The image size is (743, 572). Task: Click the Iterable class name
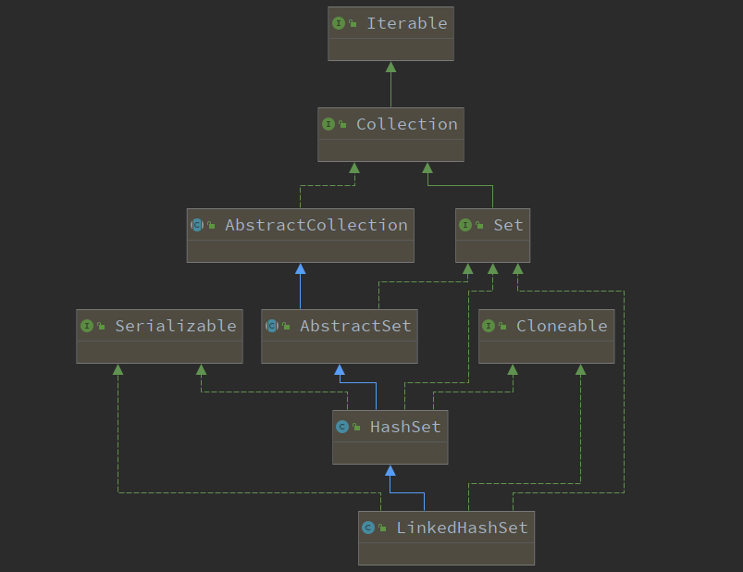pyautogui.click(x=407, y=23)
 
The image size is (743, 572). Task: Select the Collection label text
pyautogui.click(x=407, y=124)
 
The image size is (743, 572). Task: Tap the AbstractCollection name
pyautogui.click(x=316, y=225)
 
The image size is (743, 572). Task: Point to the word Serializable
pyautogui.click(x=176, y=326)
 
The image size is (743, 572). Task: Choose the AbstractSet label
pyautogui.click(x=355, y=326)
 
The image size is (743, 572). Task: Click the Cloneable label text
pyautogui.click(x=562, y=326)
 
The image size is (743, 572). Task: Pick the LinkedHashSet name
pyautogui.click(x=462, y=528)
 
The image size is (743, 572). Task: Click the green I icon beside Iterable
pyautogui.click(x=339, y=23)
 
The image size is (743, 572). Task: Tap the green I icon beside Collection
pyautogui.click(x=328, y=124)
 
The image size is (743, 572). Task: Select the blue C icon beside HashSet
pyautogui.click(x=342, y=427)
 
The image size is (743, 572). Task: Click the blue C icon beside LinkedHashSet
pyautogui.click(x=368, y=528)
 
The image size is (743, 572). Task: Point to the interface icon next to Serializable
pyautogui.click(x=87, y=326)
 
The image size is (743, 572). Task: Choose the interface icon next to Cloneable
pyautogui.click(x=489, y=326)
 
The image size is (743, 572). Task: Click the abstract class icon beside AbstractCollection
pyautogui.click(x=197, y=225)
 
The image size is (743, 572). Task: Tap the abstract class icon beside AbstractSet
pyautogui.click(x=272, y=326)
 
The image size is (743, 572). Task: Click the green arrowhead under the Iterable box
pyautogui.click(x=390, y=68)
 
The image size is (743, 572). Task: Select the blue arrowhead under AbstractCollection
pyautogui.click(x=301, y=269)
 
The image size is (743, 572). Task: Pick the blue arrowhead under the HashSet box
pyautogui.click(x=390, y=470)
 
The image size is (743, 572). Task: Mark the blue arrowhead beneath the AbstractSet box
pyautogui.click(x=340, y=369)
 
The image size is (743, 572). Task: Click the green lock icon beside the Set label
pyautogui.click(x=479, y=226)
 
